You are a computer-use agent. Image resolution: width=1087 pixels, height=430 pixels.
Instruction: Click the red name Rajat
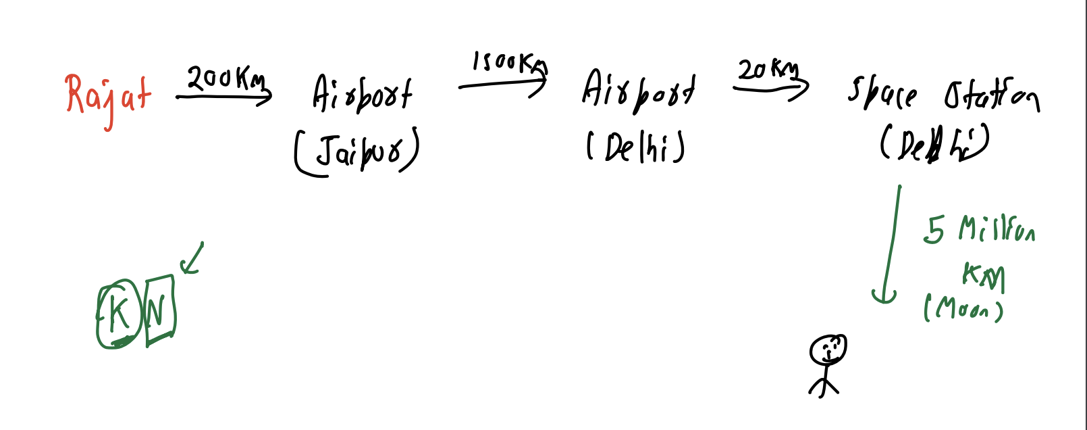pyautogui.click(x=108, y=97)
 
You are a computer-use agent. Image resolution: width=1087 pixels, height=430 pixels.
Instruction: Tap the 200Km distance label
pyautogui.click(x=226, y=79)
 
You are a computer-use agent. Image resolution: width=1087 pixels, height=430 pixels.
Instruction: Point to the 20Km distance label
pyautogui.click(x=767, y=70)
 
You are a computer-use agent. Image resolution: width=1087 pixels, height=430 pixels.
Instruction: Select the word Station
pyautogui.click(x=991, y=96)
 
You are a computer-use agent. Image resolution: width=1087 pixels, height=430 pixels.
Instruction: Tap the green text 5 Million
pyautogui.click(x=978, y=230)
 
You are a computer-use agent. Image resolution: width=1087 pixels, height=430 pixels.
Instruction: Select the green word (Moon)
pyautogui.click(x=963, y=310)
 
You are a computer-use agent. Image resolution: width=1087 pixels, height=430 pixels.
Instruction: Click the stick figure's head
pyautogui.click(x=828, y=350)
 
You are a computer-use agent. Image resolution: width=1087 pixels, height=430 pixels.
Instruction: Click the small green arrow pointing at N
pyautogui.click(x=191, y=260)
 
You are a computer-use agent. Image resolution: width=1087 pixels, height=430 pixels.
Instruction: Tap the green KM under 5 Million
pyautogui.click(x=984, y=276)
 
